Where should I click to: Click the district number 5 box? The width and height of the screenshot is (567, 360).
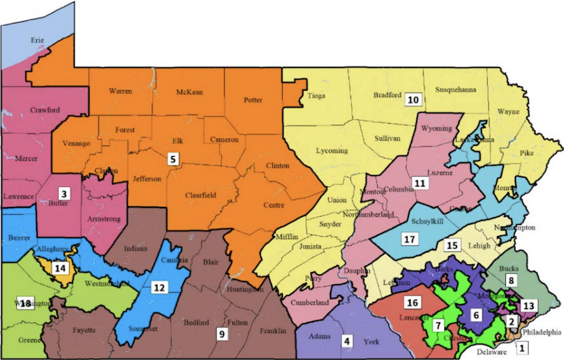tap(172, 159)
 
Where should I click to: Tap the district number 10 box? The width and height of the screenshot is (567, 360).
tap(413, 99)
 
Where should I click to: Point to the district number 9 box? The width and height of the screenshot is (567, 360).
tap(222, 332)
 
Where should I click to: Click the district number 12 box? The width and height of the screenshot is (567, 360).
tap(160, 287)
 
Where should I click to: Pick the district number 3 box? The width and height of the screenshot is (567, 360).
tap(64, 193)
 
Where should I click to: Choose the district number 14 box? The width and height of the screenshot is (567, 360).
tap(60, 268)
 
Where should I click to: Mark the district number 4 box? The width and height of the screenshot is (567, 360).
tap(347, 340)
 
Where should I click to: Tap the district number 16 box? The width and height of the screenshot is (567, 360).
tap(412, 302)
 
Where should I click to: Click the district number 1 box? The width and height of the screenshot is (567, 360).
tap(522, 348)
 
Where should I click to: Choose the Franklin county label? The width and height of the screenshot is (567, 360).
tap(272, 331)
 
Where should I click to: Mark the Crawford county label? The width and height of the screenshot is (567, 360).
tap(45, 110)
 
